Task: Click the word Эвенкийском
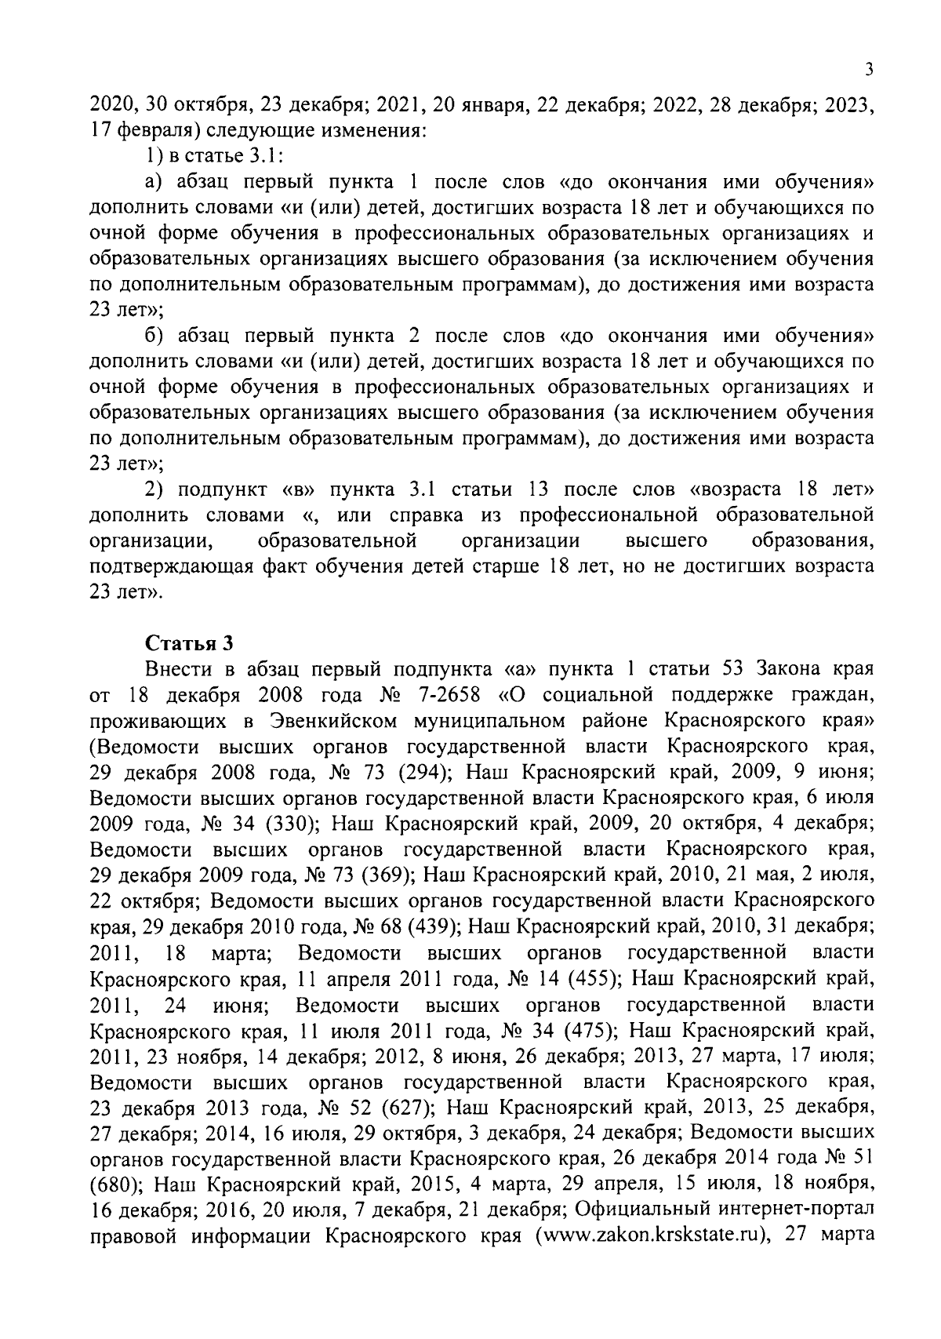pos(330,720)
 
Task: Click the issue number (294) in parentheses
pos(423,772)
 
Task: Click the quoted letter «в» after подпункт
pos(297,490)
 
